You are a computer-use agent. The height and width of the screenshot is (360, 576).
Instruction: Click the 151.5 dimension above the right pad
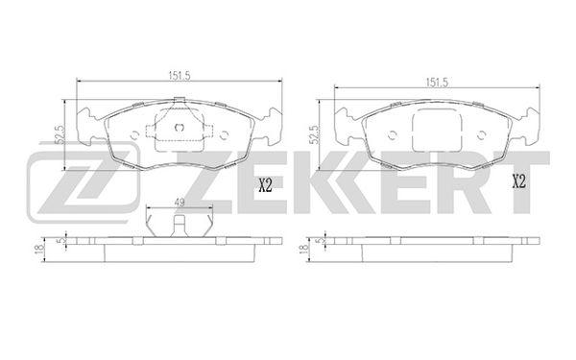[x=437, y=83]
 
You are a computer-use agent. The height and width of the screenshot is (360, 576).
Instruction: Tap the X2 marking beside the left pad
[x=265, y=185]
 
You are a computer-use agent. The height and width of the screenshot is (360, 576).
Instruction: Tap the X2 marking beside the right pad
[x=519, y=181]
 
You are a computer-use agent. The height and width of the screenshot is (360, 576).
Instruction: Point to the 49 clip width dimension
[x=180, y=203]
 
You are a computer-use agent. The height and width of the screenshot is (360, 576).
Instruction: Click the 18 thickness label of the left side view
[x=37, y=248]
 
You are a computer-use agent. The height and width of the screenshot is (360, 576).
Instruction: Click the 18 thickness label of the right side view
[x=303, y=249]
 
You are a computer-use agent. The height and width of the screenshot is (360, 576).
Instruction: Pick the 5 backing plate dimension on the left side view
[x=61, y=240]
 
